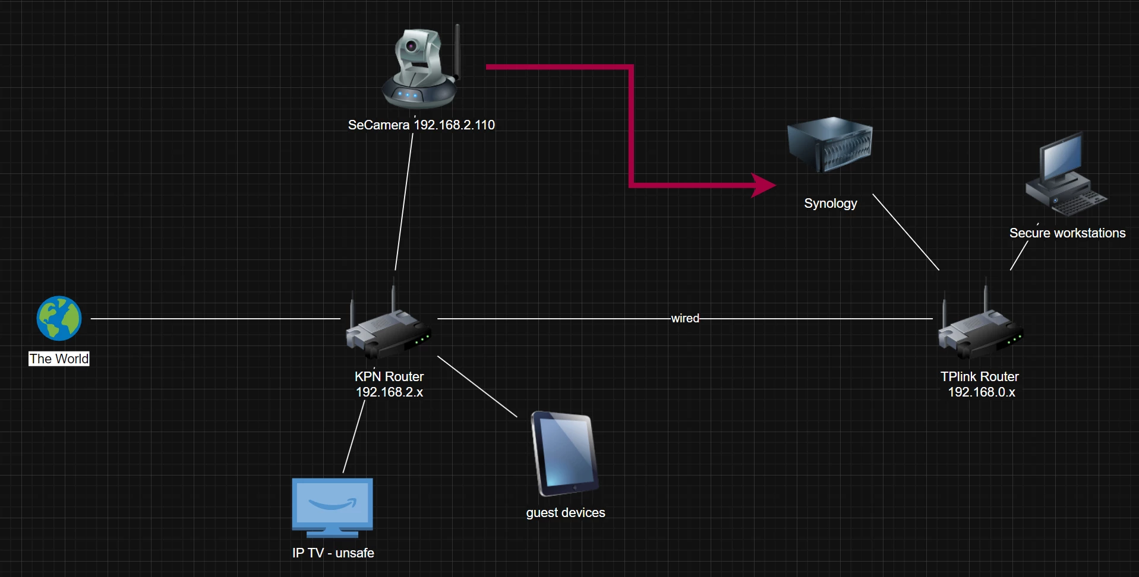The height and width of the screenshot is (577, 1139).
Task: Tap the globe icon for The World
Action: point(59,318)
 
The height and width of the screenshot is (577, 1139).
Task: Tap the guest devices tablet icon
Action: point(564,454)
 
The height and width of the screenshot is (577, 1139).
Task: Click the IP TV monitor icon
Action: point(332,506)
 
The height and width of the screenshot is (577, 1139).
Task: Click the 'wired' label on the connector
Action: point(685,318)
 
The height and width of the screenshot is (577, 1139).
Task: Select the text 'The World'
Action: point(59,359)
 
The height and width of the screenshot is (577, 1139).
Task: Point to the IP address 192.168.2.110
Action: point(454,125)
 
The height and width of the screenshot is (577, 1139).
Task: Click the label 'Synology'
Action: point(830,204)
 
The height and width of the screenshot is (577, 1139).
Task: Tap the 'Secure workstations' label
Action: point(1067,233)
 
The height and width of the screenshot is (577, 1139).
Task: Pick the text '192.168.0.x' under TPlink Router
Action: point(981,392)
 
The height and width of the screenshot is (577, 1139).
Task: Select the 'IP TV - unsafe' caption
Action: point(333,553)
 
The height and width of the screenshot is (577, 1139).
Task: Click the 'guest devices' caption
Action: point(565,513)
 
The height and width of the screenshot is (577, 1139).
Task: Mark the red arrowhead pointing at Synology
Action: point(763,185)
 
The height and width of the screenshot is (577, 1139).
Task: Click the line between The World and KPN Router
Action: point(214,319)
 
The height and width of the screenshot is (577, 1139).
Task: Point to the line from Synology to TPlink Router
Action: point(905,232)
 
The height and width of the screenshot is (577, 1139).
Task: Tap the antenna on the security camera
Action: point(458,50)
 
